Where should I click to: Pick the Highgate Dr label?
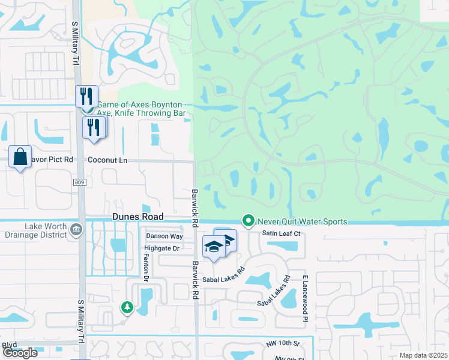(162, 248)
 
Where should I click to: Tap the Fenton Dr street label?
(146, 267)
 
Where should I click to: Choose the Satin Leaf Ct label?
(280, 233)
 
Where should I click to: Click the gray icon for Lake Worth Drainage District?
(76, 229)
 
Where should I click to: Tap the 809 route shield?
(81, 182)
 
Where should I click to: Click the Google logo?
(20, 353)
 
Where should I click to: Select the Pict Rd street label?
(59, 160)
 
